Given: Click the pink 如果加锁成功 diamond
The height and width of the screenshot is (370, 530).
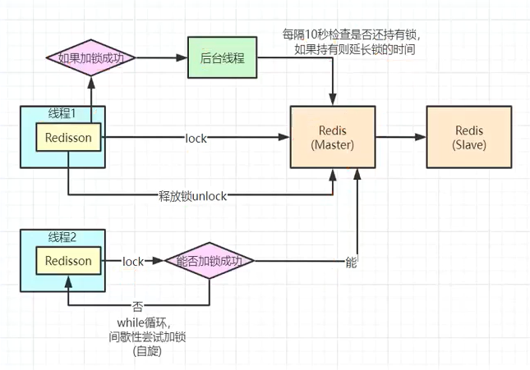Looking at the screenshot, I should click(90, 58).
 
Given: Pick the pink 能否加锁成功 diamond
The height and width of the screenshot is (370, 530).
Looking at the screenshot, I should click(210, 261).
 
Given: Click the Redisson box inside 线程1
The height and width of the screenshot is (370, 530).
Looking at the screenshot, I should click(70, 139).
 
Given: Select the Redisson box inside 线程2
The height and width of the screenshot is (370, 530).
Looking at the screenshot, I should click(70, 261).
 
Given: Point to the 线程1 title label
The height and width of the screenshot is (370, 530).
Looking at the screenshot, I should click(62, 112).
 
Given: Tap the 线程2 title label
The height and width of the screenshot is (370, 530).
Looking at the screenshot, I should click(62, 237).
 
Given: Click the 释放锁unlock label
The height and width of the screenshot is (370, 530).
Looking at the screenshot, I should click(191, 195).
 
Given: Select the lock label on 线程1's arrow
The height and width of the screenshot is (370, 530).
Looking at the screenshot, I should click(196, 139).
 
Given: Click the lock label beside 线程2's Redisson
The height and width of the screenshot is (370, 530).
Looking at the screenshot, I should click(132, 262).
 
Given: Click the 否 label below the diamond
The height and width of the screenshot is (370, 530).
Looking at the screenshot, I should click(137, 306).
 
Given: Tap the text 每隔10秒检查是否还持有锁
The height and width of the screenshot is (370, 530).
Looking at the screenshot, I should click(353, 34).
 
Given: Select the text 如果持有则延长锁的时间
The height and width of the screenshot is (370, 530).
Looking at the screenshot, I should click(353, 49).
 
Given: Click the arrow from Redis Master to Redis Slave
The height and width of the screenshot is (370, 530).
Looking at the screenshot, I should click(401, 138).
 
